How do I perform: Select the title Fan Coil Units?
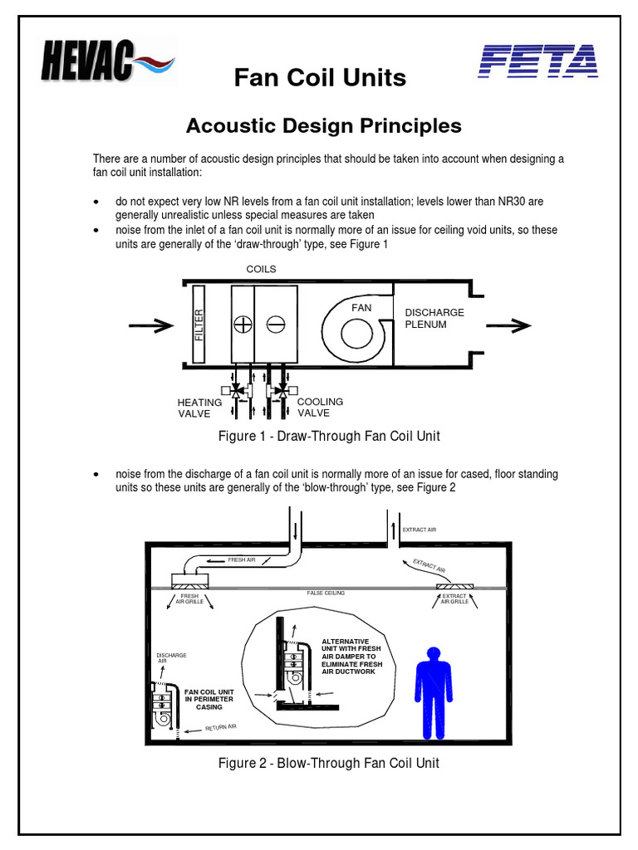(x=320, y=78)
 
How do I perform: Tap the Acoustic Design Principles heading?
(x=323, y=125)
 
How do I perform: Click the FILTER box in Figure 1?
(x=199, y=325)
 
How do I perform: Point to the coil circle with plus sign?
(x=243, y=325)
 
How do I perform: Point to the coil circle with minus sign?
(x=275, y=325)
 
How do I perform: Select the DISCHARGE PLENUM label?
(x=434, y=319)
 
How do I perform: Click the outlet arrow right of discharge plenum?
(x=509, y=325)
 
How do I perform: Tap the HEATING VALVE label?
(x=199, y=408)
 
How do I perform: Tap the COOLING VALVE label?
(x=320, y=407)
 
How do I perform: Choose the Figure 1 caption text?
(x=328, y=436)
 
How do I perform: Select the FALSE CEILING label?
(x=326, y=594)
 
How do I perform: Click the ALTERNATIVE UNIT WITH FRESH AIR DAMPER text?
(x=350, y=656)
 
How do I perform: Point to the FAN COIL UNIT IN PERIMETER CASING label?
(x=209, y=699)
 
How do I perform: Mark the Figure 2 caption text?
(x=328, y=763)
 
